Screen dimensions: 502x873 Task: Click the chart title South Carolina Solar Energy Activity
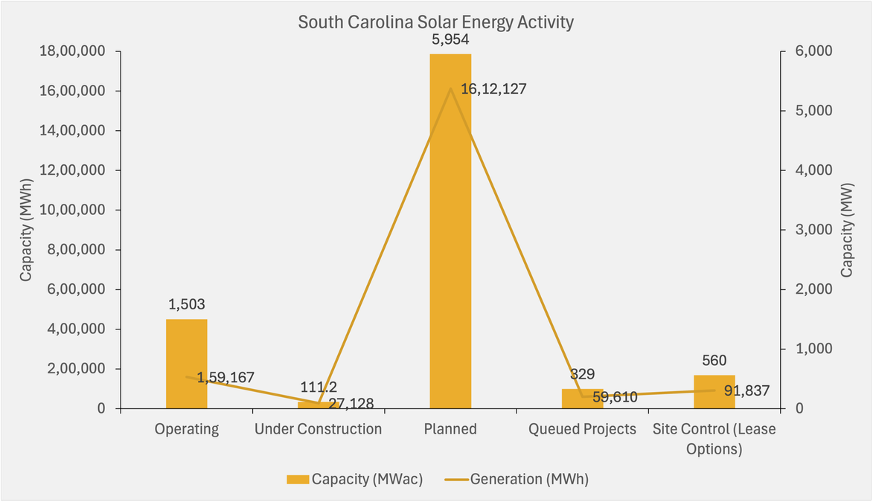[x=435, y=22]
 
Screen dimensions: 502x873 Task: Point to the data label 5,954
[x=450, y=39]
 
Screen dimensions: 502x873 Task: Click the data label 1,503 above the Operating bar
[x=186, y=304]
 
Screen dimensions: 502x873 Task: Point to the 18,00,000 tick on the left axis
[x=74, y=51]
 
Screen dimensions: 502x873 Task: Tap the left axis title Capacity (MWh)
[x=26, y=230]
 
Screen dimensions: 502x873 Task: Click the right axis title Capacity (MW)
[x=847, y=230]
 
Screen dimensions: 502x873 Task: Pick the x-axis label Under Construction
[x=318, y=429]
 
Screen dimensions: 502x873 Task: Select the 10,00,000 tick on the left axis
[x=74, y=210]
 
